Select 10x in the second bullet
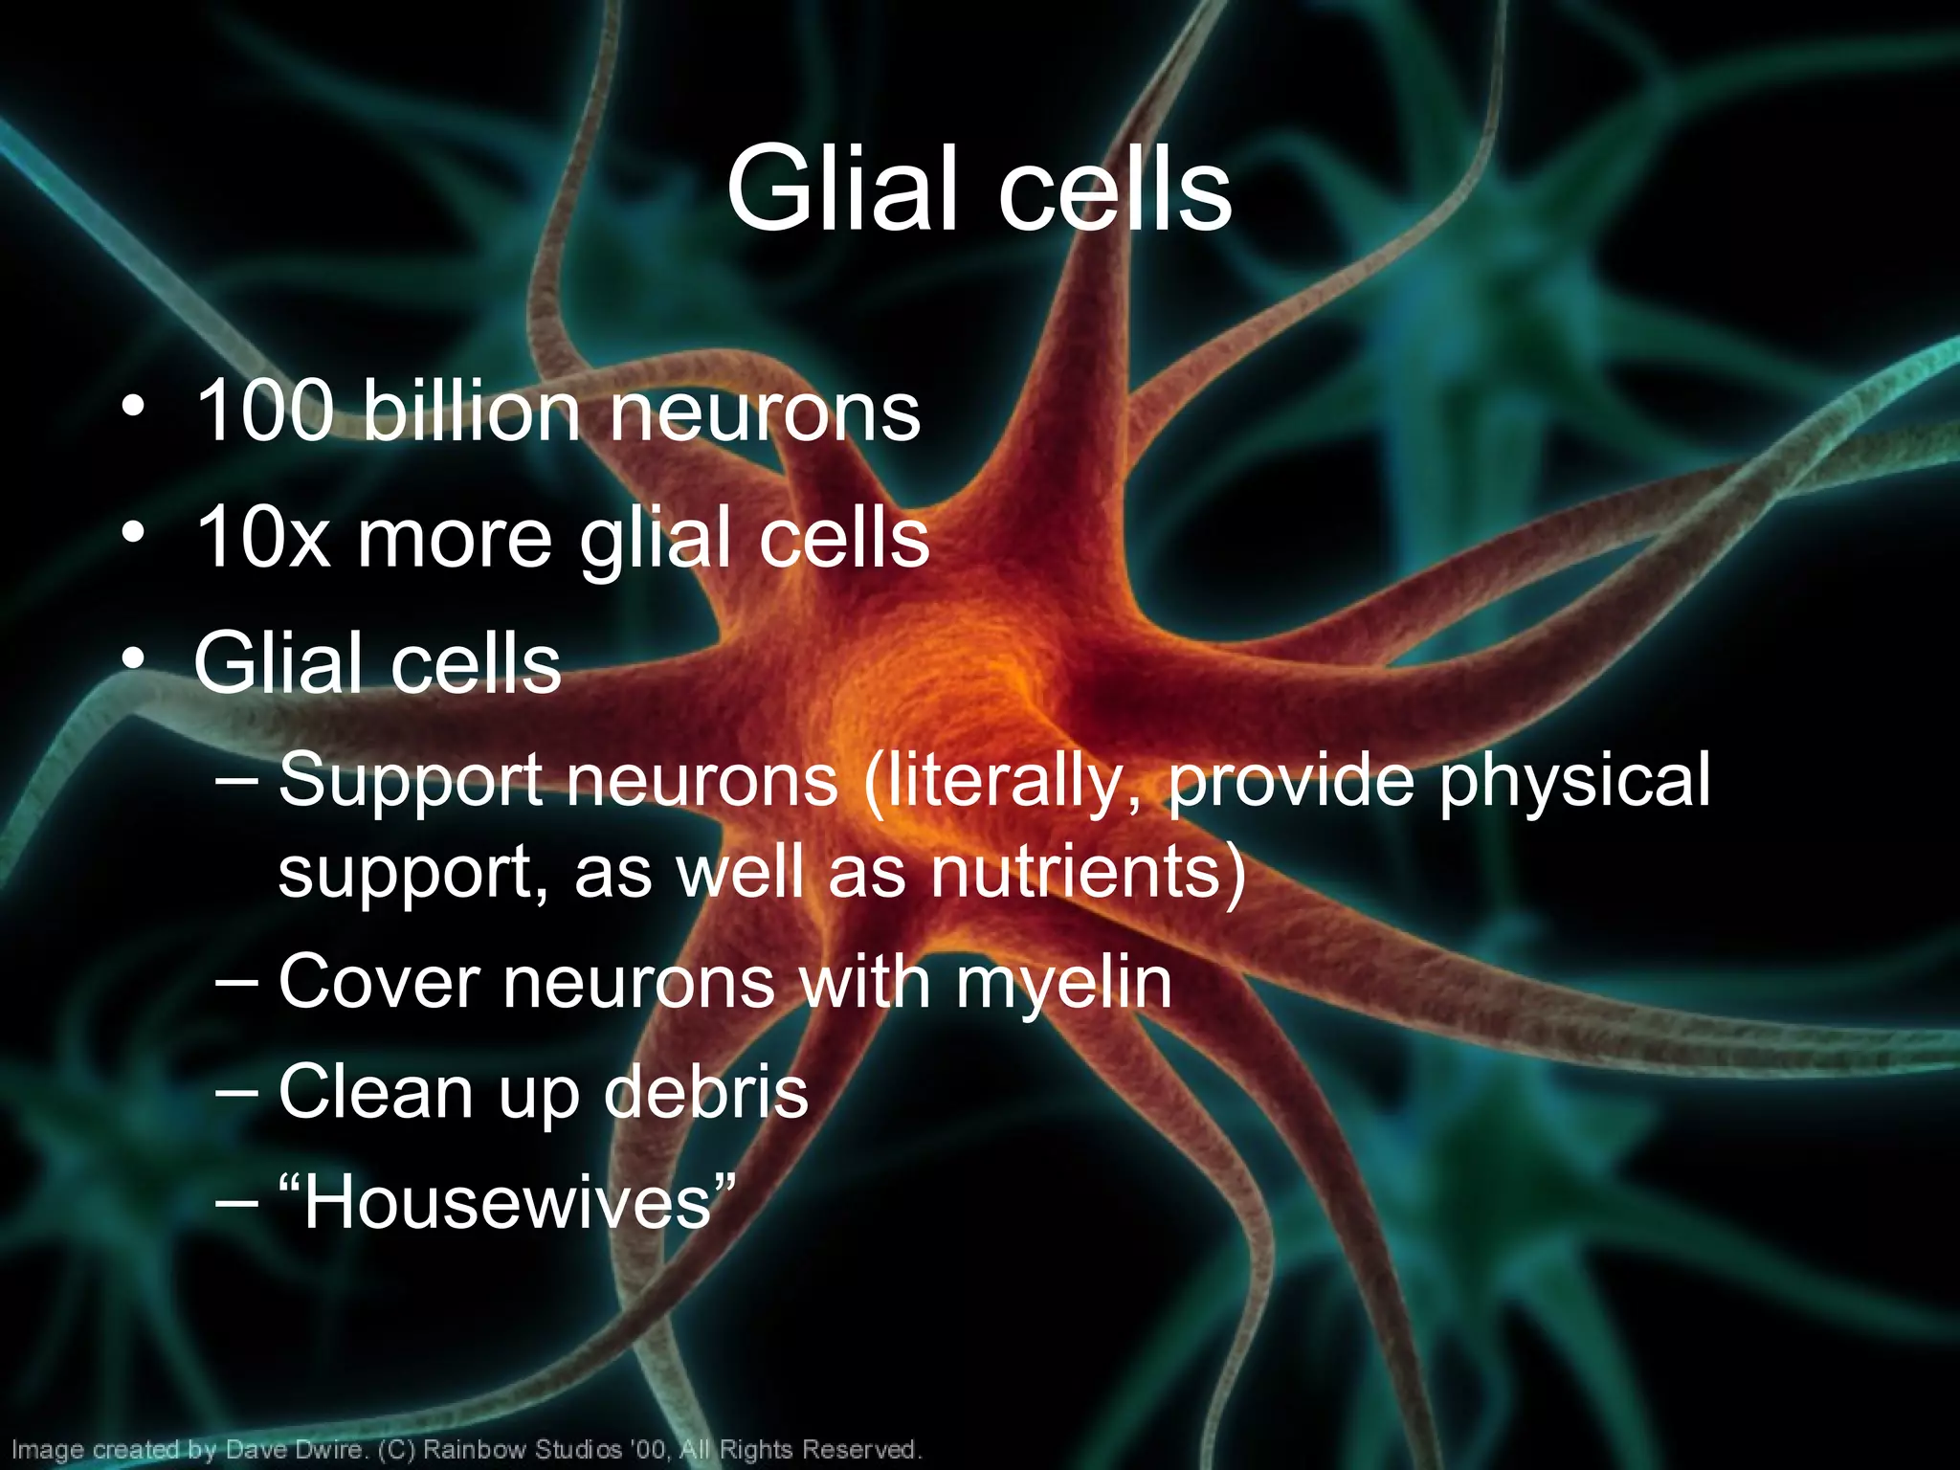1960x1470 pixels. pos(263,538)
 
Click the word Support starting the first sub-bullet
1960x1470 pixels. pos(412,781)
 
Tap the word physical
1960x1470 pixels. pos(1574,781)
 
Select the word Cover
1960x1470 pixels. pos(379,982)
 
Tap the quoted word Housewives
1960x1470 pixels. pos(507,1202)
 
